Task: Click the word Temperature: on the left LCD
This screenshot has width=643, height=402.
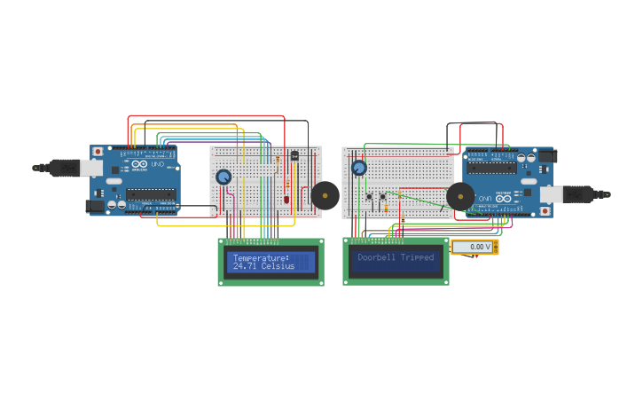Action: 261,258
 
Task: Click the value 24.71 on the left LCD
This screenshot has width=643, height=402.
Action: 245,266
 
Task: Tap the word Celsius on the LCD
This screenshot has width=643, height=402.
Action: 278,266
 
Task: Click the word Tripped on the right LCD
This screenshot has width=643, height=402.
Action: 418,257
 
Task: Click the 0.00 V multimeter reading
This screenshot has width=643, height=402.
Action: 475,247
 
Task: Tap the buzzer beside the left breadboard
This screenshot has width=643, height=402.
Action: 325,195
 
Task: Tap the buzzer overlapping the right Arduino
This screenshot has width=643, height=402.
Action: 459,196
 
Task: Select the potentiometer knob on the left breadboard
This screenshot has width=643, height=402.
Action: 223,177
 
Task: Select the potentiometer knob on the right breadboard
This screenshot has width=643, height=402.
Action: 359,168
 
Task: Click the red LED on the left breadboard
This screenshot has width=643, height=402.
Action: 286,198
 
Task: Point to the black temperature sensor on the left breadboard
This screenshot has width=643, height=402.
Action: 294,156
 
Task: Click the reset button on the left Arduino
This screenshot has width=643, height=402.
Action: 98,153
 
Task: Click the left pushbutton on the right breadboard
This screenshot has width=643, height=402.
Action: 370,196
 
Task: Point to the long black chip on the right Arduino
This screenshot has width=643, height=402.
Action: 491,167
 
